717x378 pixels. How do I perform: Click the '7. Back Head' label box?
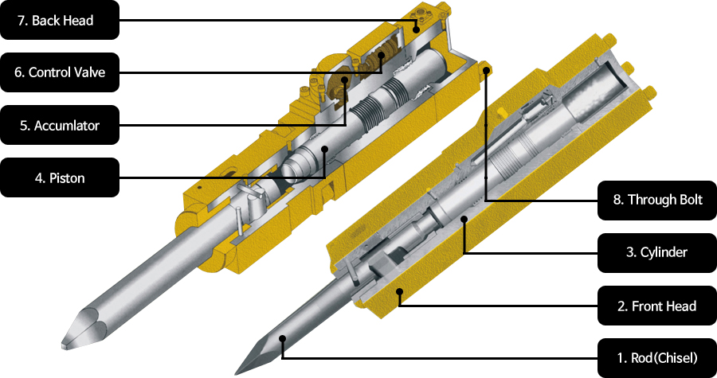click(60, 20)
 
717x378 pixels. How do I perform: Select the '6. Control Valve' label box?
click(60, 72)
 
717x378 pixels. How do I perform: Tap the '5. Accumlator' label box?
click(60, 125)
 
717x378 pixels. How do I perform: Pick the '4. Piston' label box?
click(60, 177)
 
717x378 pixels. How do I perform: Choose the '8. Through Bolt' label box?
click(657, 200)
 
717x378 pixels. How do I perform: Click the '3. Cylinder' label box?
click(657, 252)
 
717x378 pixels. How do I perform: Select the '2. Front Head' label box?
click(657, 306)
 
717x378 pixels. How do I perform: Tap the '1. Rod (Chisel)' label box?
click(657, 358)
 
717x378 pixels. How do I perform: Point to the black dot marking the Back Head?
click(416, 29)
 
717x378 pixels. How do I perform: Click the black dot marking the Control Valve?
click(382, 56)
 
